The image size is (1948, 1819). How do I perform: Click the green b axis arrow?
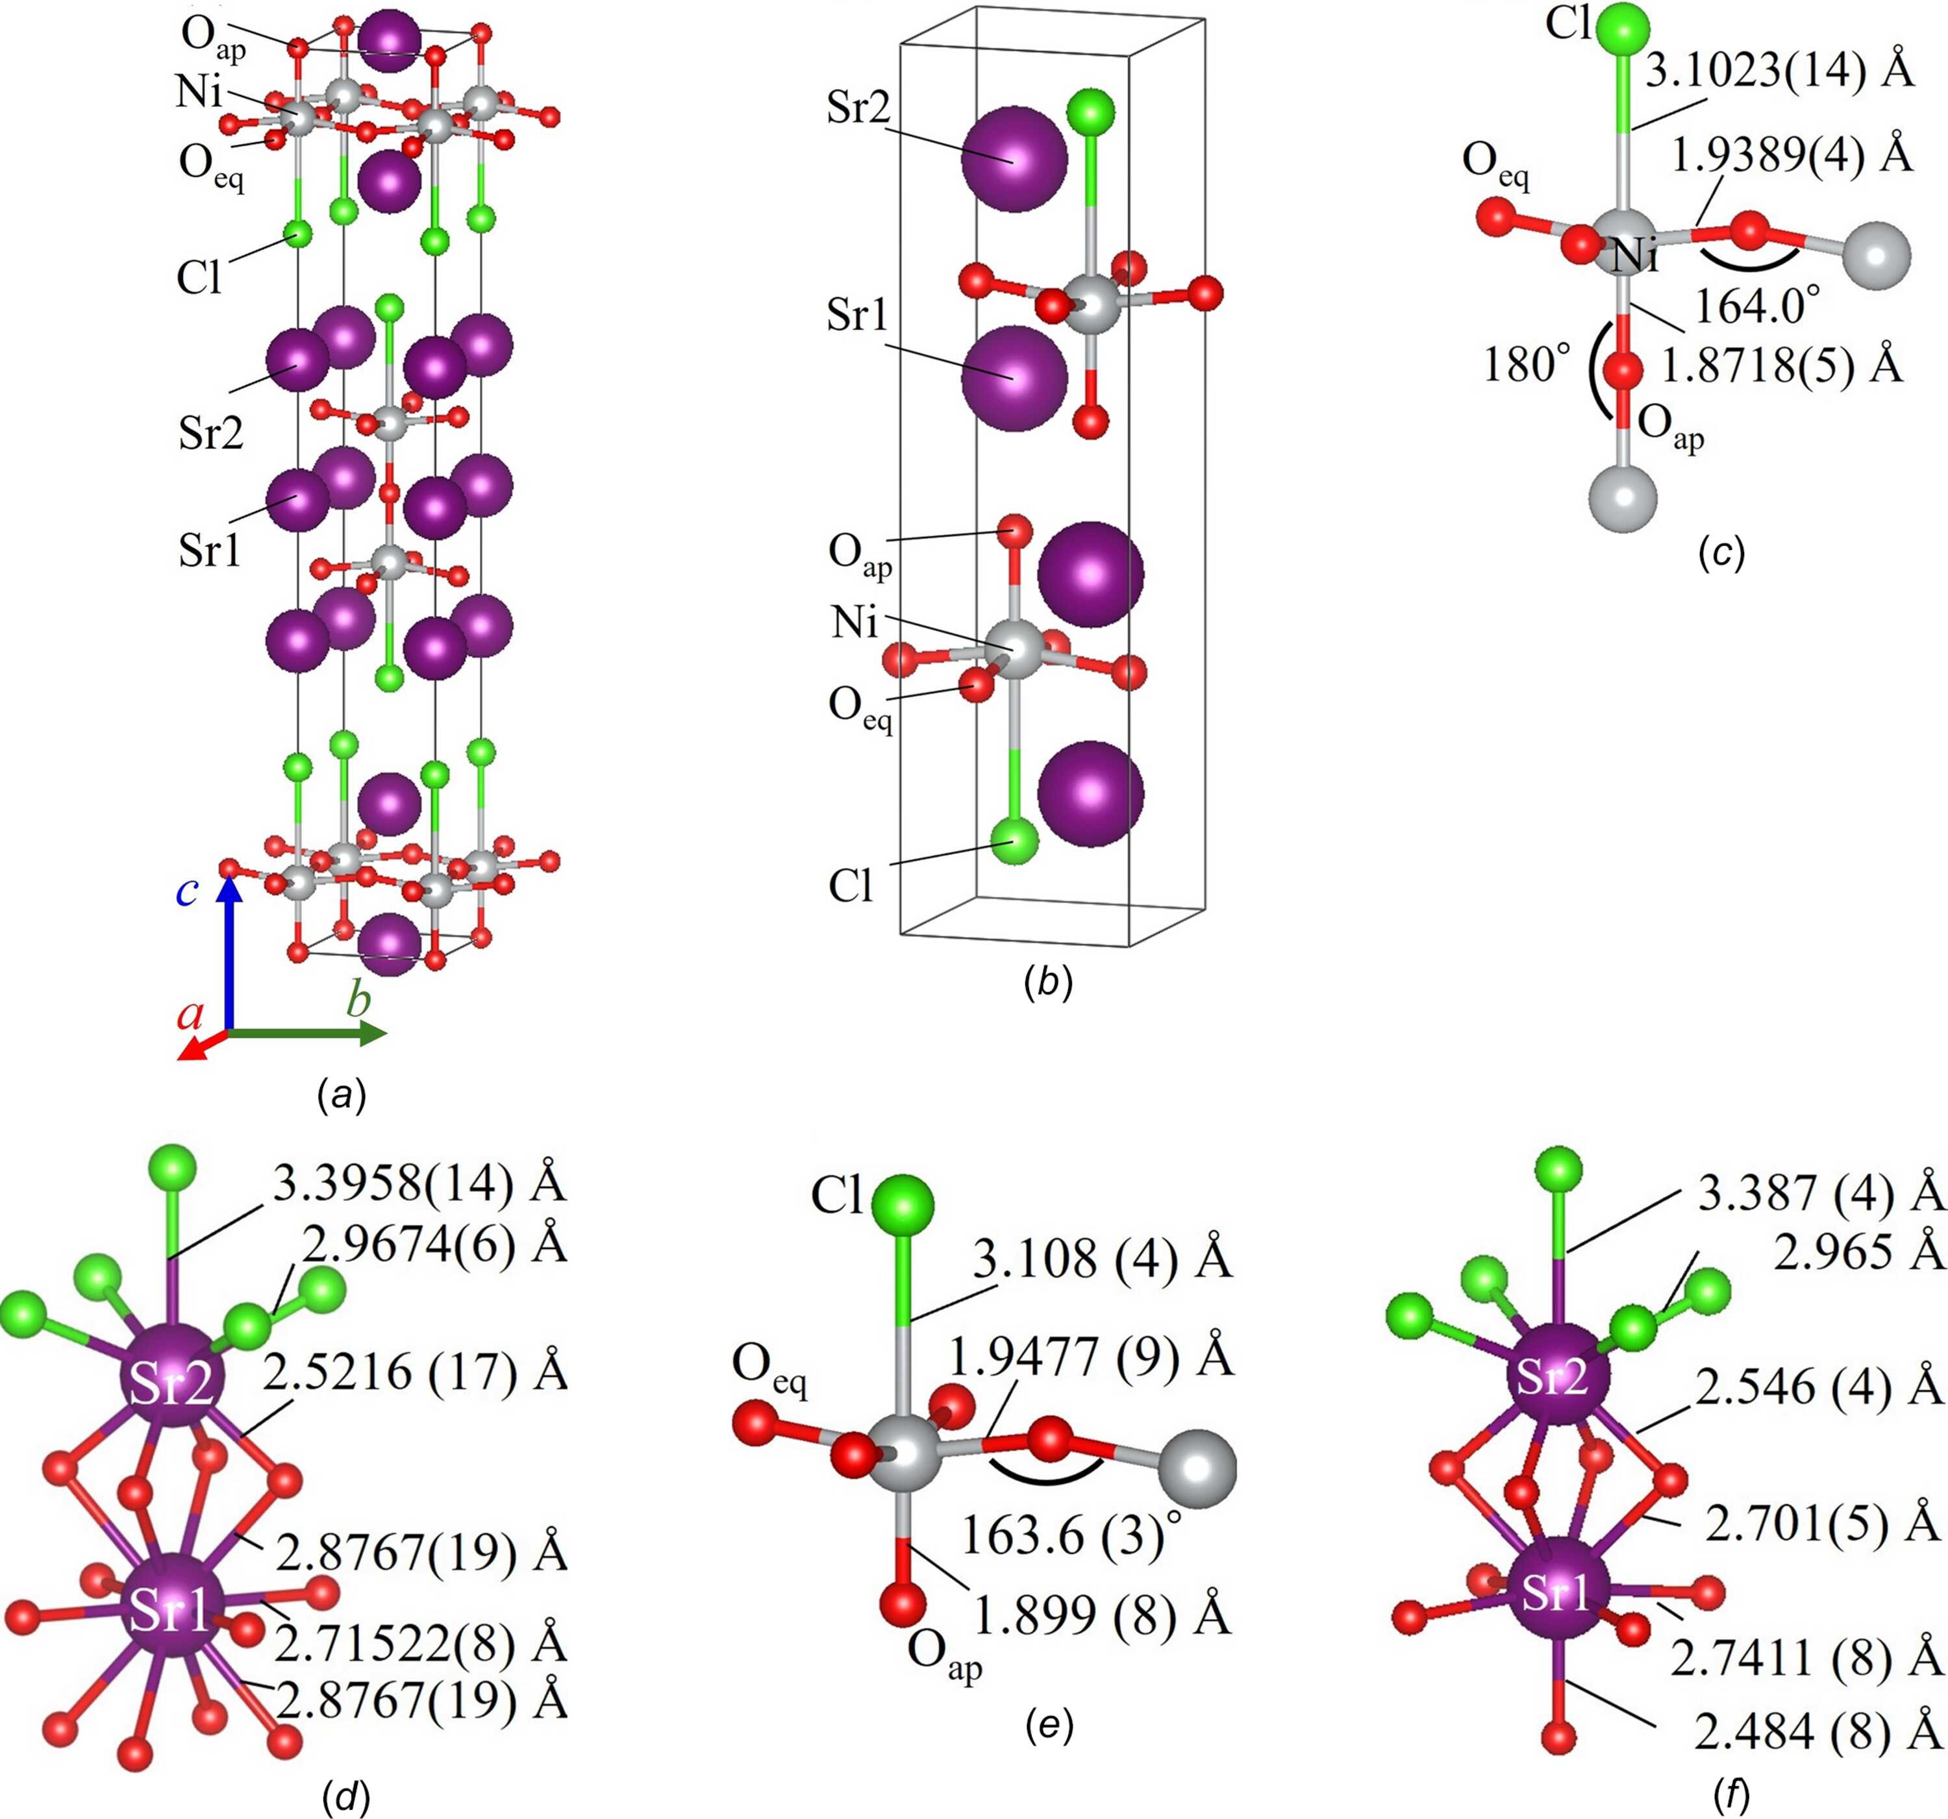pyautogui.click(x=306, y=1032)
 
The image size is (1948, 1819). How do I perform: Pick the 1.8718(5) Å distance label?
pyautogui.click(x=1780, y=365)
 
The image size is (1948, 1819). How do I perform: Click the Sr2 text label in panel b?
pyautogui.click(x=858, y=108)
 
